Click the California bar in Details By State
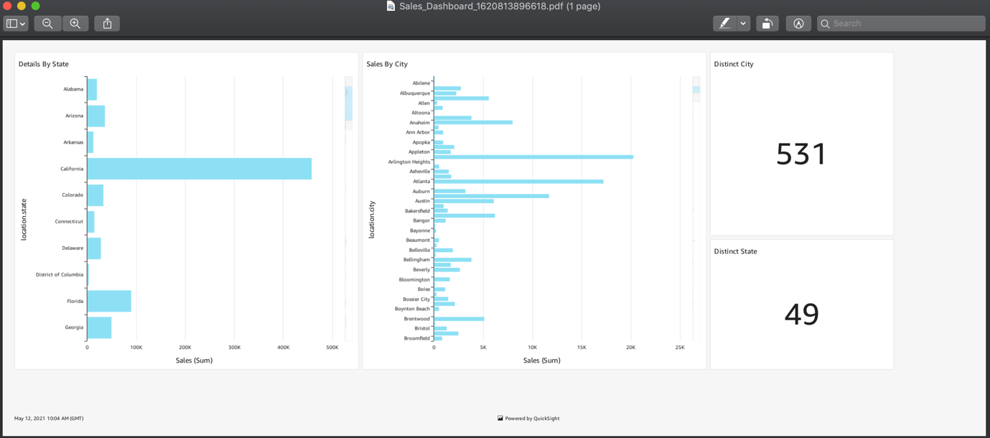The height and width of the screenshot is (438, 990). point(199,169)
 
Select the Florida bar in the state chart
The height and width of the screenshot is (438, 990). point(109,301)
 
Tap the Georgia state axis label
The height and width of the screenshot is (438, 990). point(74,327)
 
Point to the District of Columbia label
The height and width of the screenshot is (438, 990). point(60,274)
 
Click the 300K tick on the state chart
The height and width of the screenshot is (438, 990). point(234,348)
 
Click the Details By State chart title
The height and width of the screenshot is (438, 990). point(44,64)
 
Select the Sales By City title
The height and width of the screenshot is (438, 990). point(387,64)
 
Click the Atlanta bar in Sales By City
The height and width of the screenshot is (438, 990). point(518,182)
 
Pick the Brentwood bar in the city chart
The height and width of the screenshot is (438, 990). point(459,319)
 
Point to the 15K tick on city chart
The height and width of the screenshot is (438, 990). point(582,348)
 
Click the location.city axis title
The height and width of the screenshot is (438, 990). point(372,220)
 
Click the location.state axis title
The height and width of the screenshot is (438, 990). point(24,220)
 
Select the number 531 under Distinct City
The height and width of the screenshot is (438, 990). point(801,154)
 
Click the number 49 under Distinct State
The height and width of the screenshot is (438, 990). point(801,314)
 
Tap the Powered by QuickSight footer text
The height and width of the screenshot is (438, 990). point(532,419)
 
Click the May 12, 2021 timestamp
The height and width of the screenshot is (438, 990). point(49,419)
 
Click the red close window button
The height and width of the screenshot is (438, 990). point(7,6)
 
